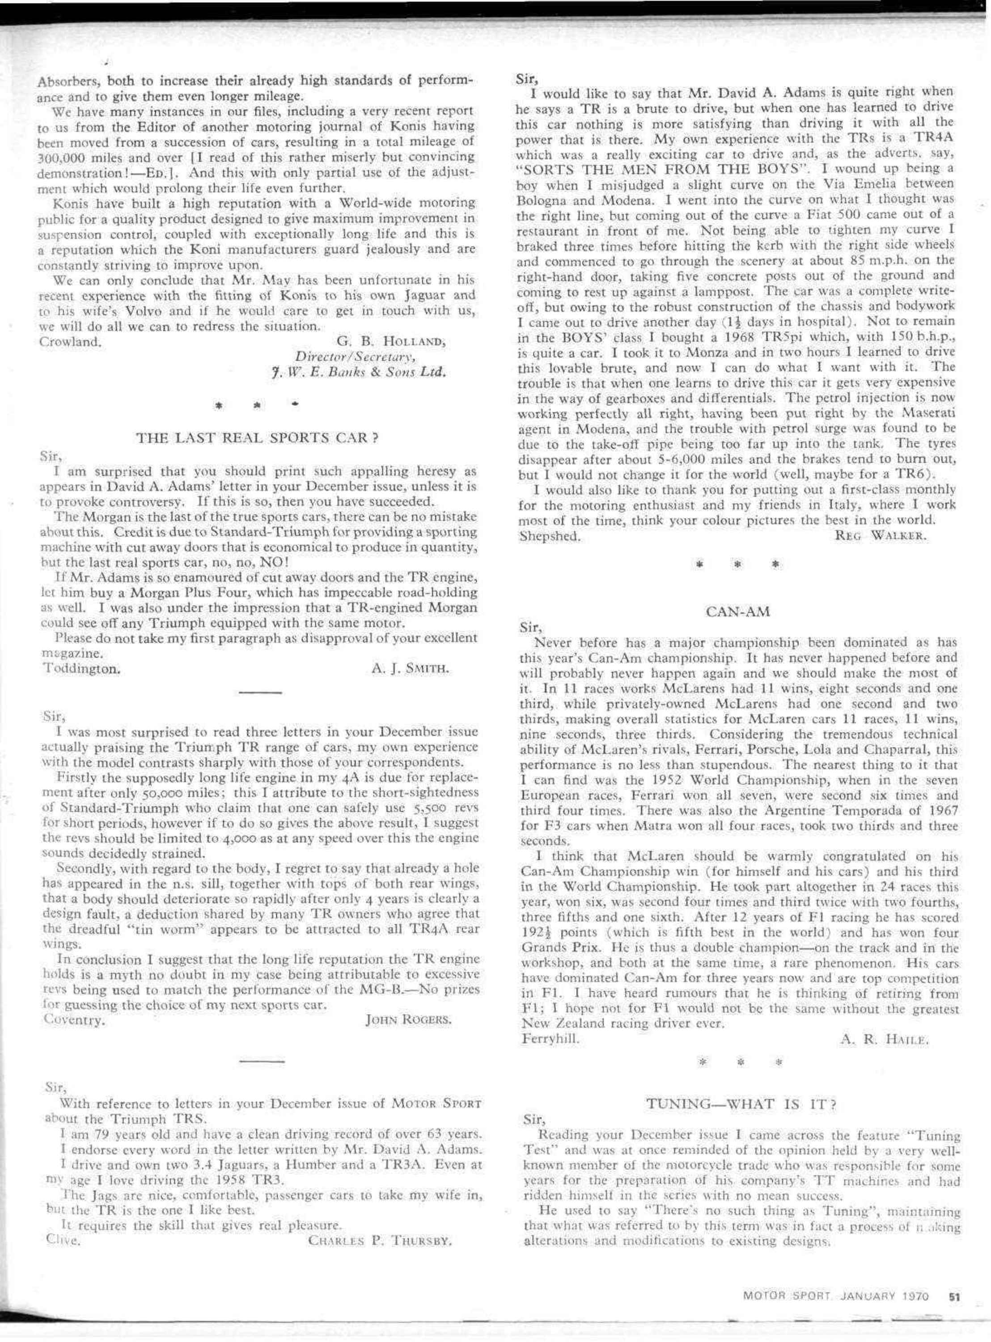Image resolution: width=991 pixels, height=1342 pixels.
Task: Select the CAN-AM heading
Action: [737, 612]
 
